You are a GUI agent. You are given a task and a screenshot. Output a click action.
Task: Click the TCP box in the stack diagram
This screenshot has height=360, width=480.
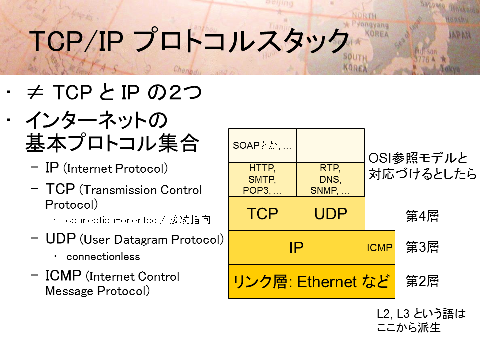coord(262,213)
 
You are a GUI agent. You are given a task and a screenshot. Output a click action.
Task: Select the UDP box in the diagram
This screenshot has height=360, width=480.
coord(331,213)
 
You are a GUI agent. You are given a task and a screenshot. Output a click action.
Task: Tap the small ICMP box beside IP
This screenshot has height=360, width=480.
coord(380,247)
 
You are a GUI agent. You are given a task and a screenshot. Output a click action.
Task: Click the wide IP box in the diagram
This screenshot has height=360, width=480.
coord(296,247)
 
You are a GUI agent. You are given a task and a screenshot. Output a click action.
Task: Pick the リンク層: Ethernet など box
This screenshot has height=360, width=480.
coord(312,281)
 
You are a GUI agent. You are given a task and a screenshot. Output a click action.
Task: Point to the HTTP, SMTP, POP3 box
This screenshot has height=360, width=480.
coord(262,179)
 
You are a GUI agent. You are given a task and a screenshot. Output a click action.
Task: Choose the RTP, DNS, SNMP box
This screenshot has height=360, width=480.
coord(330,179)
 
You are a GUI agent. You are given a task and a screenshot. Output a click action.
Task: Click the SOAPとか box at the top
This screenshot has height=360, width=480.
coord(262,145)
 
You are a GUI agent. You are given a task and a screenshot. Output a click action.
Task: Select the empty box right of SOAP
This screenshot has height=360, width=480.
coord(330,145)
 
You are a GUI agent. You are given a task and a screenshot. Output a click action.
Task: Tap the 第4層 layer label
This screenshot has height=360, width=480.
coord(422,216)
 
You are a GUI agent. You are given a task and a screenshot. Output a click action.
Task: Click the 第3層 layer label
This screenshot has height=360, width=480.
coord(422,247)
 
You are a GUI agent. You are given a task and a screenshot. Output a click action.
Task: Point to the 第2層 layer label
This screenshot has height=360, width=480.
coord(422,281)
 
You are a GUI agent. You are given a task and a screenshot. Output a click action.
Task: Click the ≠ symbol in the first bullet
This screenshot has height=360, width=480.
coord(35,93)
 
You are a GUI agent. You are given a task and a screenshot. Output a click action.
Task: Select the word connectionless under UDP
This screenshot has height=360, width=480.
coord(103,257)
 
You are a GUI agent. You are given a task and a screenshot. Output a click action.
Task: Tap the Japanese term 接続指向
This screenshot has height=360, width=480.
coord(190,220)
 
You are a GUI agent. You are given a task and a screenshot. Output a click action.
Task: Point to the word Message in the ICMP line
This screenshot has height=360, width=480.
coord(69,291)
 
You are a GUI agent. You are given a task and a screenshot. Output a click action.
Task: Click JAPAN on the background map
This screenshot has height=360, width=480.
coord(459,35)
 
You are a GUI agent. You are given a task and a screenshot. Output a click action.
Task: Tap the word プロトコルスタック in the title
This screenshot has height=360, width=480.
coord(241,40)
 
